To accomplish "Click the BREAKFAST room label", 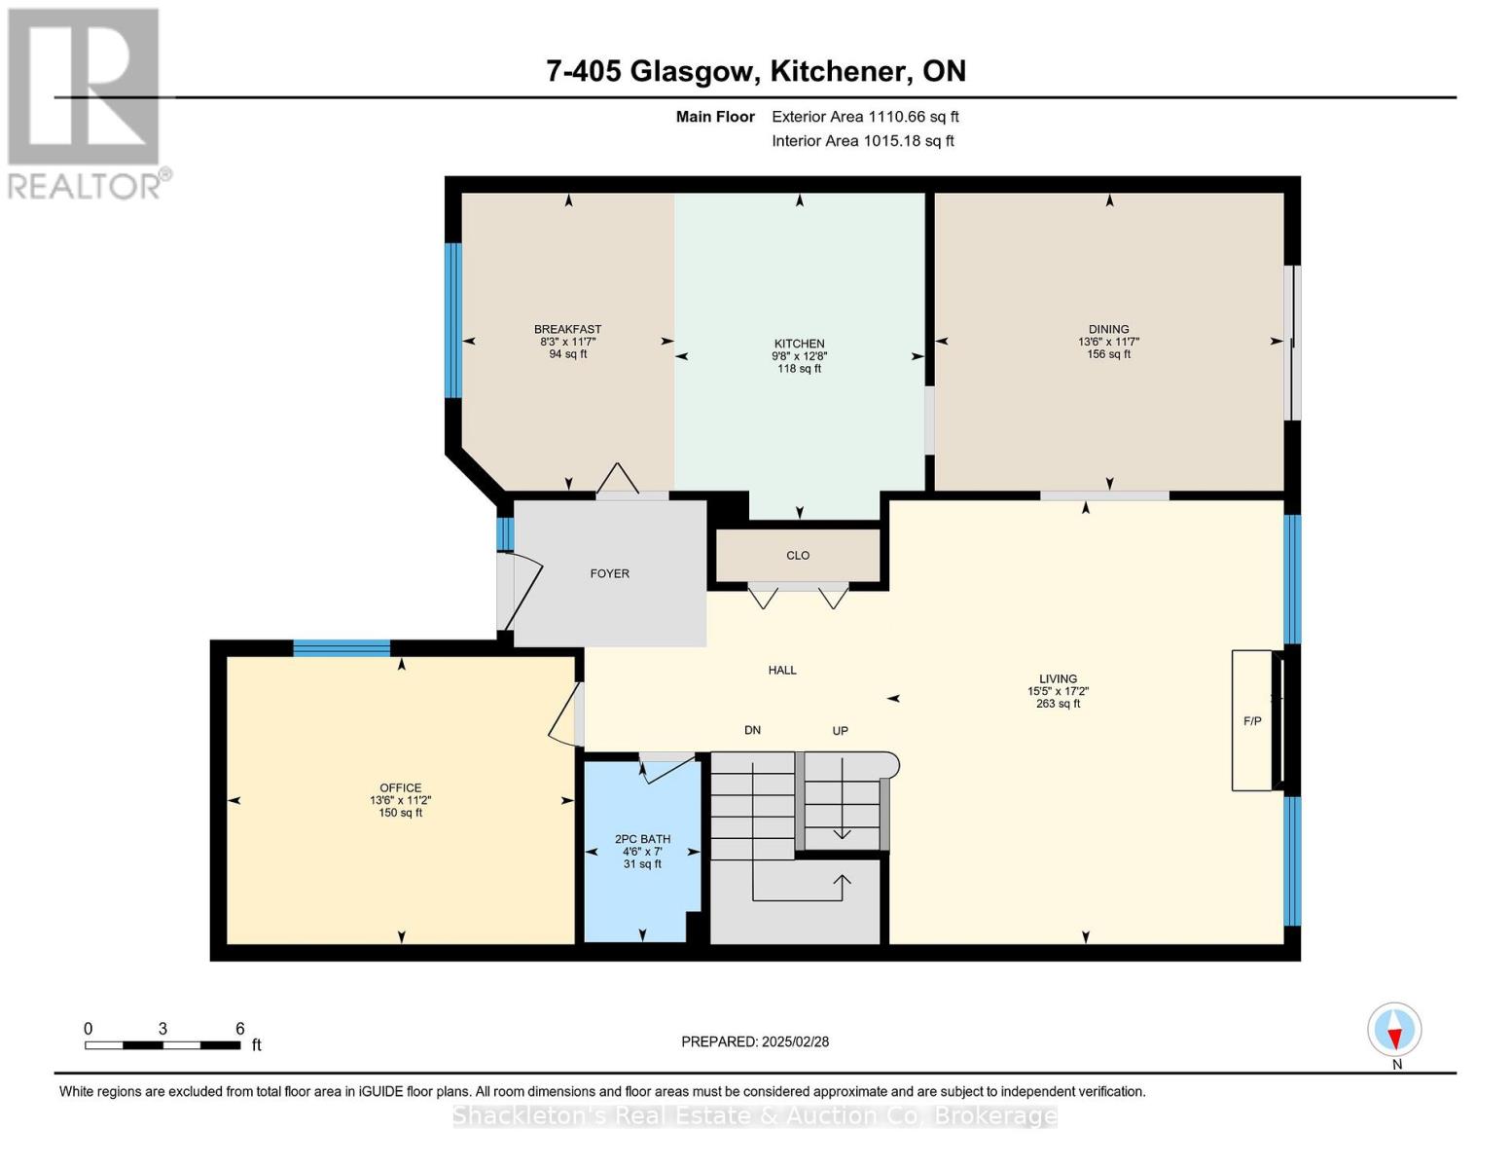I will tap(567, 329).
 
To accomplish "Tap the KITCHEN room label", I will tap(799, 344).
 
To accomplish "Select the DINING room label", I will tap(1108, 329).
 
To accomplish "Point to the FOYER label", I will tap(610, 573).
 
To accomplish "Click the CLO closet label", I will tap(798, 555).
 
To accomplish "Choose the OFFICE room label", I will tap(400, 787).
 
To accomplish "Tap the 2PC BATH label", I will tap(642, 839).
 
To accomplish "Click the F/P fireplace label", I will tap(1252, 721).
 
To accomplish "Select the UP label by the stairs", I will tap(840, 730).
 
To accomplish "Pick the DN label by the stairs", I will tap(752, 730).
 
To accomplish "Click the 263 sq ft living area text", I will tap(1058, 704).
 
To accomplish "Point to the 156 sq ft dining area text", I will tap(1108, 354).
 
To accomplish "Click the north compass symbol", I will tap(1394, 1030).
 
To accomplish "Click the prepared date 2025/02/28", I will tap(755, 1041).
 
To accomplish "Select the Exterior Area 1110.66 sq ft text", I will tap(865, 117).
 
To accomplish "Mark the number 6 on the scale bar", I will tap(239, 1029).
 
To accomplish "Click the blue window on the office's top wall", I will tap(342, 648).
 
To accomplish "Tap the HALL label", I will tap(782, 670).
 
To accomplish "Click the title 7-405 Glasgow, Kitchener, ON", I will tap(756, 71).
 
